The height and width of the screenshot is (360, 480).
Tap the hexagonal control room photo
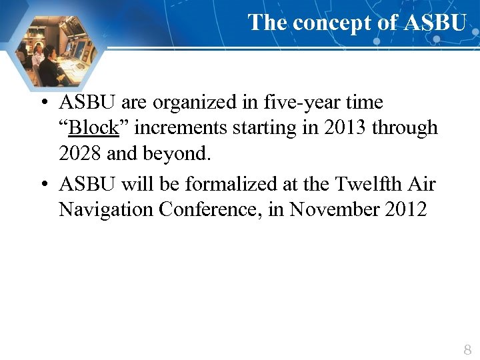pos(55,52)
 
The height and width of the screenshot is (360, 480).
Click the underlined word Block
pos(93,127)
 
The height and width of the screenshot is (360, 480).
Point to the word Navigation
pos(106,209)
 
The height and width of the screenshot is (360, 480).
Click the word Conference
pos(209,209)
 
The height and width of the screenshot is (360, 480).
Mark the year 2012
pos(405,209)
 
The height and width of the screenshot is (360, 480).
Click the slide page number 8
pos(467,349)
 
